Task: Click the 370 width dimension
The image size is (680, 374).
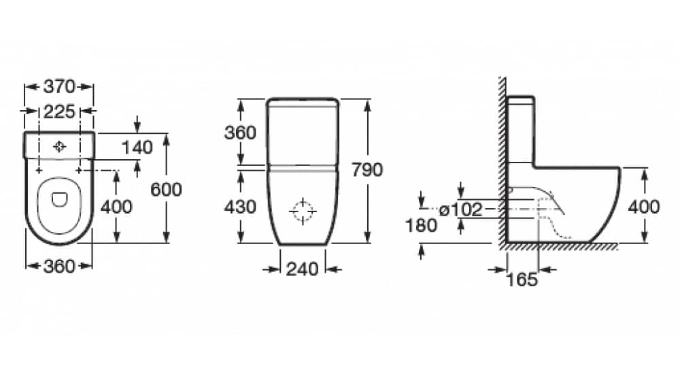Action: click(x=59, y=87)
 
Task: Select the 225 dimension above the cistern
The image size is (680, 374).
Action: click(x=59, y=112)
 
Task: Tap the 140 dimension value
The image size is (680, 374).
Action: click(x=137, y=148)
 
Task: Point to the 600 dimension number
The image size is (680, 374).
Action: click(x=166, y=190)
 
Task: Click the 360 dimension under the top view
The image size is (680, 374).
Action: click(x=59, y=267)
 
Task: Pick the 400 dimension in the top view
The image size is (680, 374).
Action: click(x=116, y=207)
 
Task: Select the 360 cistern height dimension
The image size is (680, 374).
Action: click(x=240, y=133)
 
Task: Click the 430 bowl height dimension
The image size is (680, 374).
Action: click(x=240, y=207)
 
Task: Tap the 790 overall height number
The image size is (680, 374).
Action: click(x=367, y=169)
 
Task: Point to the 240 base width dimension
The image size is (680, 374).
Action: click(x=303, y=269)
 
